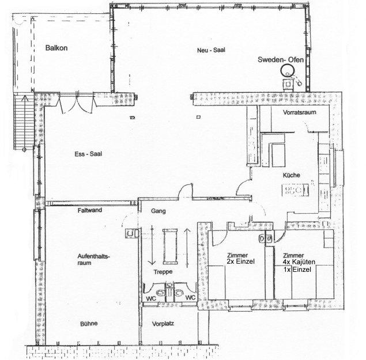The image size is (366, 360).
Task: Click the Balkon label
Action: (56, 48)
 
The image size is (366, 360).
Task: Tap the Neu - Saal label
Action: (211, 50)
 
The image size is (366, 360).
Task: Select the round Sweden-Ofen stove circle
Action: (288, 70)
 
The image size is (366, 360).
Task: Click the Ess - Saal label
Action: (88, 154)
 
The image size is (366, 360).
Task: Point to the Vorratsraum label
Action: (300, 112)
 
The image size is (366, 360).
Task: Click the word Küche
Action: (291, 175)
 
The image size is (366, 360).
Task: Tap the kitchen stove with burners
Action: (295, 190)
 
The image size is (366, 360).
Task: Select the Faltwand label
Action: (90, 210)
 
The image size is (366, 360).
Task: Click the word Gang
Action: (159, 211)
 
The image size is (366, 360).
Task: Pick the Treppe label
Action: (163, 272)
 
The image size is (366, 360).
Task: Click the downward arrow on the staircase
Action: (152, 245)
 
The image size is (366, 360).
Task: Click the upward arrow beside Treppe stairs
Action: (187, 248)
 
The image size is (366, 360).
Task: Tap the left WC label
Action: (151, 298)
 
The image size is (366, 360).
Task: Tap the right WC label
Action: (190, 297)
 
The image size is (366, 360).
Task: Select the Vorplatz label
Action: (163, 324)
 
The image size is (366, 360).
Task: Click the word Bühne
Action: (89, 324)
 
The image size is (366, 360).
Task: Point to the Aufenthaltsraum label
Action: (93, 259)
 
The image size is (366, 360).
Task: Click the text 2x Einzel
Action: (241, 262)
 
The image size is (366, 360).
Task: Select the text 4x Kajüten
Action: (299, 262)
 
